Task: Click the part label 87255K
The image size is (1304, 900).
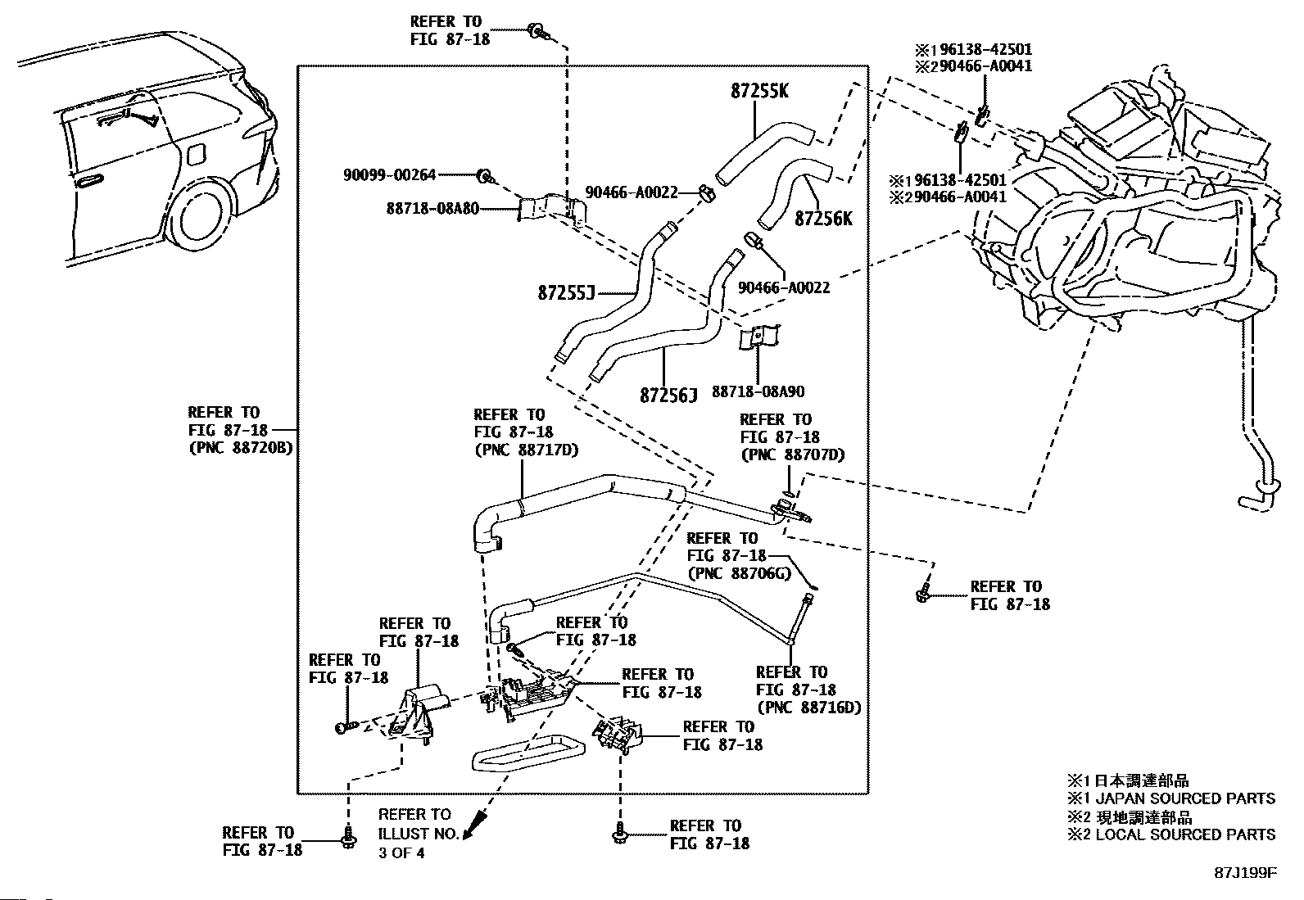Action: coord(759,91)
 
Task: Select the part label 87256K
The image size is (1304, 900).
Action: coord(823,219)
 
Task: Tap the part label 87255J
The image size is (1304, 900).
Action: coord(565,292)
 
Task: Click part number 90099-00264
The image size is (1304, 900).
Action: coord(389,174)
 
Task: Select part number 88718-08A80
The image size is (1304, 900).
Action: coord(432,209)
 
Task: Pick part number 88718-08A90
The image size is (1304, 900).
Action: coord(758,392)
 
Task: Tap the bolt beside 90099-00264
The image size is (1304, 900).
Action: coord(486,175)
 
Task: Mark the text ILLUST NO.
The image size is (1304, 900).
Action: coord(414,834)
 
